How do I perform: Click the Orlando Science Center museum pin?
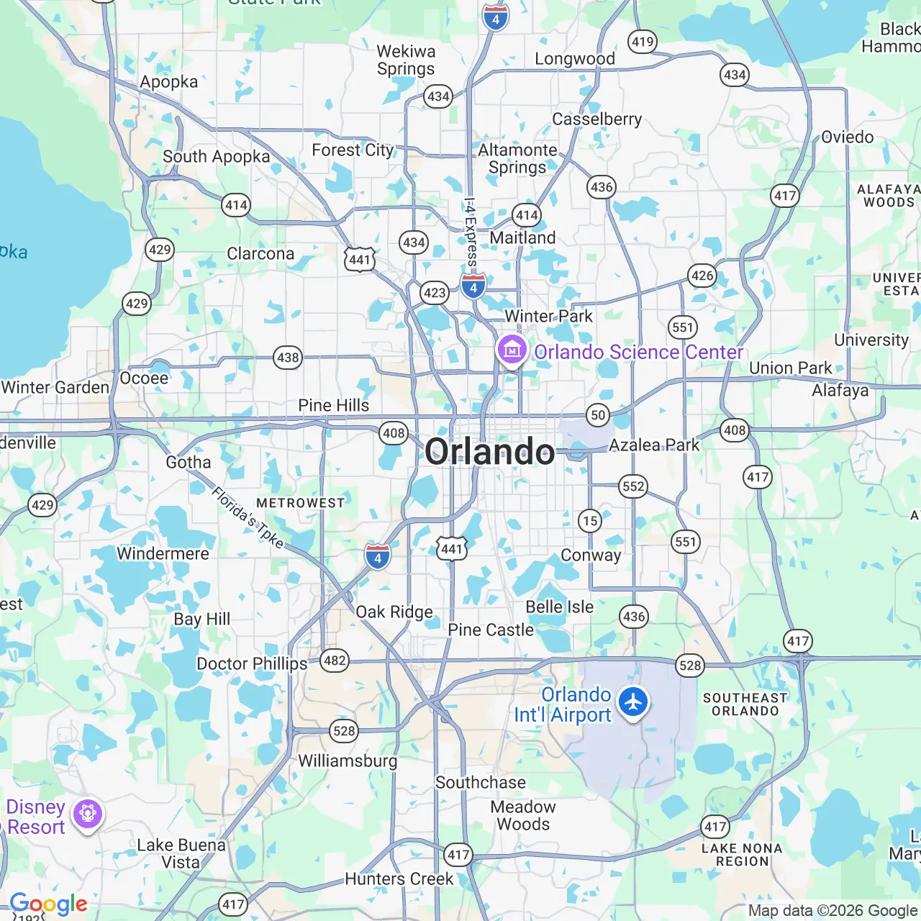[x=512, y=350]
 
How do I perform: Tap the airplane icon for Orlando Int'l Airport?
[x=633, y=702]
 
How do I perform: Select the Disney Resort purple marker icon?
[x=88, y=815]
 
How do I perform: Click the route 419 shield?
[x=643, y=42]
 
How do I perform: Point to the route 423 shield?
[x=435, y=293]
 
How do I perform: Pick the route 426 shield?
[x=702, y=275]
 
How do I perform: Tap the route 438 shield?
[x=288, y=358]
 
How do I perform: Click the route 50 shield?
[x=598, y=414]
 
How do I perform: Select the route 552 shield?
[x=633, y=486]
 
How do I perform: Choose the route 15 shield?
[x=590, y=520]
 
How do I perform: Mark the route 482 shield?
[x=335, y=661]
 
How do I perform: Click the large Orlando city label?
[x=490, y=452]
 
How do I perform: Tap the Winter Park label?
[x=548, y=316]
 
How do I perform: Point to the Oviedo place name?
[x=848, y=137]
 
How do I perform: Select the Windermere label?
[x=163, y=553]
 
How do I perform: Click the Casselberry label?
[x=597, y=119]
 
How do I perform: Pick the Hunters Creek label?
[x=399, y=879]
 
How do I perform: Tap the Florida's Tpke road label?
[x=248, y=517]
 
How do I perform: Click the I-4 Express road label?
[x=470, y=234]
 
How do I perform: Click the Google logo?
[x=49, y=904]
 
